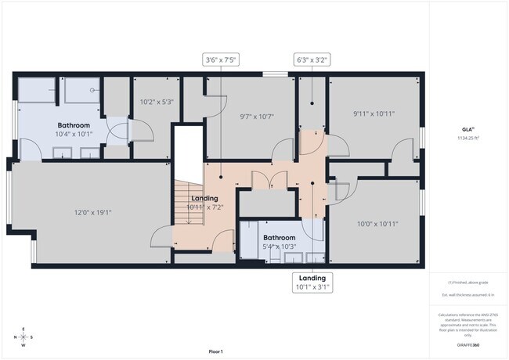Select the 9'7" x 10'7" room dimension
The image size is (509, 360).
click(x=256, y=117)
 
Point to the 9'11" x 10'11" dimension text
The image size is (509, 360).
click(x=374, y=113)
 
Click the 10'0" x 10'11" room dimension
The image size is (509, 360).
click(x=377, y=223)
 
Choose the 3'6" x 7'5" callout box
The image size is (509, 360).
click(x=220, y=59)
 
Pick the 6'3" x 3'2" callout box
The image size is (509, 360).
click(x=311, y=59)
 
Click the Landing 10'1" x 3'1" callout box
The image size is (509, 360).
click(x=312, y=283)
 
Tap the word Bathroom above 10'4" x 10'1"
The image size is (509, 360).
click(x=74, y=125)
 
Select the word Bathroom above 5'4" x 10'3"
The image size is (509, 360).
click(x=279, y=237)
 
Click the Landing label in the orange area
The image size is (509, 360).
click(x=204, y=198)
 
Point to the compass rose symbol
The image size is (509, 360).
click(x=23, y=337)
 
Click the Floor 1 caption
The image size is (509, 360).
click(x=215, y=351)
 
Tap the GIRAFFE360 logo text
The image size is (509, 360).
click(x=467, y=344)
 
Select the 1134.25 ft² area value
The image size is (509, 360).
click(x=467, y=138)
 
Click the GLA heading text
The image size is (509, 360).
click(x=466, y=129)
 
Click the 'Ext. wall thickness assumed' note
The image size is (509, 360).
click(x=467, y=295)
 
